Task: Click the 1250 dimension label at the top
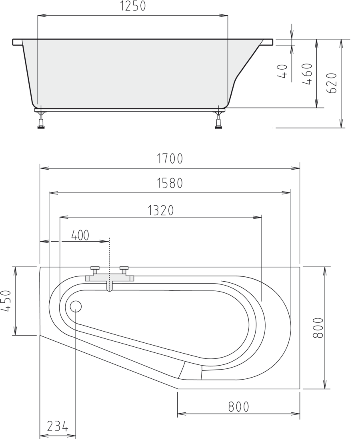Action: tap(133, 6)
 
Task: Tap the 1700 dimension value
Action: tap(170, 159)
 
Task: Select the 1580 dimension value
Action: tap(170, 183)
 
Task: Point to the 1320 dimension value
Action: tap(160, 210)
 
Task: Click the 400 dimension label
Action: tap(80, 235)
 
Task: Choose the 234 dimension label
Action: tap(57, 426)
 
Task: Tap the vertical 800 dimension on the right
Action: tap(318, 328)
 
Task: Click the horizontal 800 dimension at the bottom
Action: tap(238, 407)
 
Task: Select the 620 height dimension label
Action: tap(332, 83)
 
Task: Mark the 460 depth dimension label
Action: tap(307, 74)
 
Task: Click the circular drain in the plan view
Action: tap(76, 306)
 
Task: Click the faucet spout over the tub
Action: tap(109, 286)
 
